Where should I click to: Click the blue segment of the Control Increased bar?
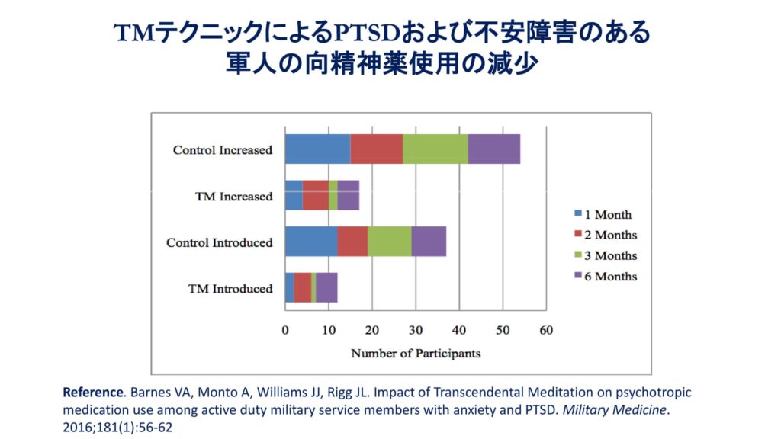[x=317, y=149]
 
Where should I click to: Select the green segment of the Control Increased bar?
[x=435, y=149]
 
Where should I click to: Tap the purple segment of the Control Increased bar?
[x=493, y=149]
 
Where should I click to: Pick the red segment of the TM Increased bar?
[x=315, y=195]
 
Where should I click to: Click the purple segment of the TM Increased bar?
[x=348, y=195]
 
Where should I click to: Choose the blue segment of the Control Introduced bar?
[x=310, y=242]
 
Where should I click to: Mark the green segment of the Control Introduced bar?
[x=389, y=242]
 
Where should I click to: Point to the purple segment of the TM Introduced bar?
[x=326, y=287]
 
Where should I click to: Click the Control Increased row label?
[x=222, y=150]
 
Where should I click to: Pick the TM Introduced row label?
[x=230, y=289]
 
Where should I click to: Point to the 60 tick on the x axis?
[x=545, y=330]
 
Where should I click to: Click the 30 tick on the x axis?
[x=415, y=330]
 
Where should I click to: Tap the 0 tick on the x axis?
[x=285, y=330]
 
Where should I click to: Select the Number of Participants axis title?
[x=416, y=354]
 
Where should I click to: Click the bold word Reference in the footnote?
[x=92, y=393]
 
